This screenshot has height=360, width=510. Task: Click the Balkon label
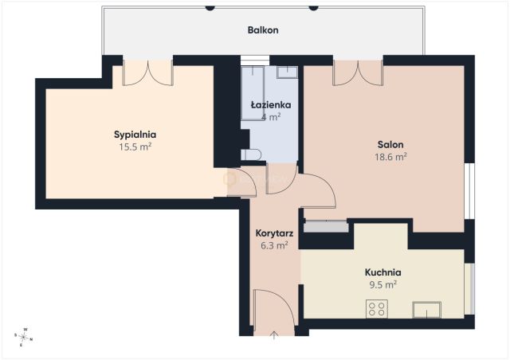coord(263,30)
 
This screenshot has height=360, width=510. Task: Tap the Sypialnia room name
coord(135,135)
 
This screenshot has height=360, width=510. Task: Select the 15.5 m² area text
coord(135,147)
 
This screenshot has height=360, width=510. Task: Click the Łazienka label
coord(271,105)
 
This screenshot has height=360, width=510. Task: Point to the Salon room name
coord(390,145)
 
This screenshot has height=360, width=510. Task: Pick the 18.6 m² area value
coord(391,157)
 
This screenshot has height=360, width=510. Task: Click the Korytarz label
coord(274,233)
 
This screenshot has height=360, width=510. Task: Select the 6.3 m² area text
coord(274,245)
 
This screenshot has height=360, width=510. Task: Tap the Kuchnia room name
coord(382,272)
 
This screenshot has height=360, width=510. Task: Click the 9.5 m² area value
coord(383,285)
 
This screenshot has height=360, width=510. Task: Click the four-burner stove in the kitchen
coord(377,308)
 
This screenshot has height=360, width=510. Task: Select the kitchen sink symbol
coord(427,310)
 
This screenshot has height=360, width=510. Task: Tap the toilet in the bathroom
coord(251,155)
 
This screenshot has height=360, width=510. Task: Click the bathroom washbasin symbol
coord(287,72)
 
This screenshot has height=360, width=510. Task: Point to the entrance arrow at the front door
coord(274,335)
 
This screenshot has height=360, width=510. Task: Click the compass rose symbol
coord(24,337)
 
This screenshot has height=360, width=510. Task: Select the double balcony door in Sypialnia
coord(147,72)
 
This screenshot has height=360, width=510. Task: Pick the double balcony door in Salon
coord(358,72)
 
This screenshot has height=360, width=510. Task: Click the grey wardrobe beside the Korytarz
coord(326,226)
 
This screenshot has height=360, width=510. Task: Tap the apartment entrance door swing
coord(275,307)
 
